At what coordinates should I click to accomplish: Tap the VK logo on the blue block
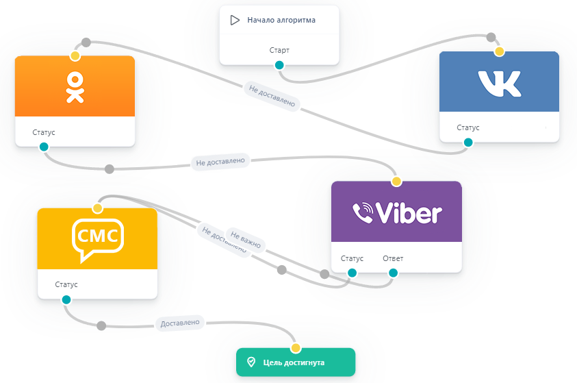click(x=499, y=83)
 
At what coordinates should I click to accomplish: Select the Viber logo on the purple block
click(x=396, y=213)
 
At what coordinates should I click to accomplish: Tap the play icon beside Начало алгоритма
click(x=235, y=20)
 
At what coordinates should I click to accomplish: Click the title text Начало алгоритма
click(x=281, y=20)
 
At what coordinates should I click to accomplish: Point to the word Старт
click(x=279, y=50)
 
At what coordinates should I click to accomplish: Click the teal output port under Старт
click(x=279, y=65)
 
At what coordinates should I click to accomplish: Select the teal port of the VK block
click(x=468, y=143)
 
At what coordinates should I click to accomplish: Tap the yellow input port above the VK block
click(x=499, y=51)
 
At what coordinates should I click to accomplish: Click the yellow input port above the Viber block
click(x=396, y=182)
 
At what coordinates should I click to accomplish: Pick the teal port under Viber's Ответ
click(x=393, y=273)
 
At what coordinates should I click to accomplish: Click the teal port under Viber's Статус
click(x=352, y=273)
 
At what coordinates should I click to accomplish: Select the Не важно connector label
click(x=246, y=239)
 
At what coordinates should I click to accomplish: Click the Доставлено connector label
click(x=181, y=322)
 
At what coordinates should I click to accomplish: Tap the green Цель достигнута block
click(x=296, y=362)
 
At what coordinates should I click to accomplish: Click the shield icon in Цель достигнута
click(x=251, y=362)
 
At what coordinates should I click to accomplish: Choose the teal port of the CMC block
click(x=66, y=299)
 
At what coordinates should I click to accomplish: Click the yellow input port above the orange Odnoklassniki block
click(x=75, y=55)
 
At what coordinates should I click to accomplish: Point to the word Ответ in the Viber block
click(x=393, y=258)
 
